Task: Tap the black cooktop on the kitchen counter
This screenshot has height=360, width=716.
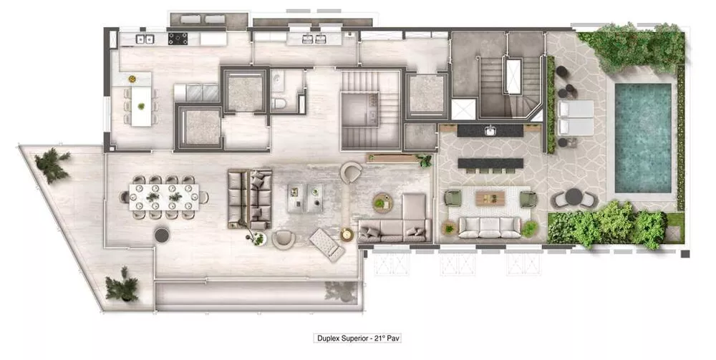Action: [178, 38]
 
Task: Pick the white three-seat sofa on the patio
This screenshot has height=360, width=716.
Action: [490, 227]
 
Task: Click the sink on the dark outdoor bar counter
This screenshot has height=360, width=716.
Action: [490, 131]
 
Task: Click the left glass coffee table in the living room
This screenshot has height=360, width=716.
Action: [295, 197]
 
